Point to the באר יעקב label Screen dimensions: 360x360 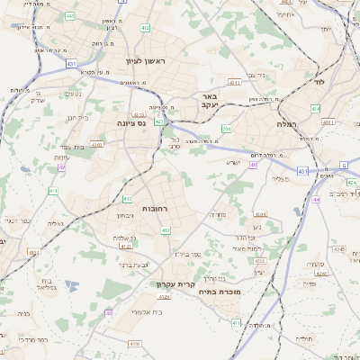point(210,101)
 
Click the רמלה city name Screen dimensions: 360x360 point(287,123)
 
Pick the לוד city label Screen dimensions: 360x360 point(318,82)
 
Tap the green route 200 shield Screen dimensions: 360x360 point(227,130)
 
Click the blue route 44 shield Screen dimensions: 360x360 point(316,200)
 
